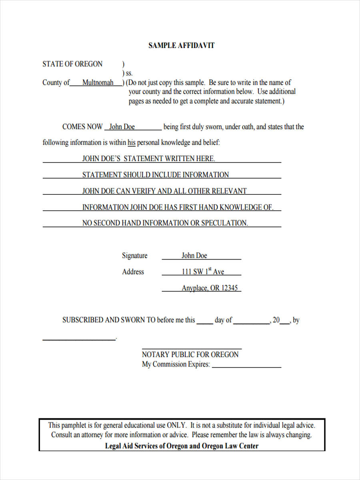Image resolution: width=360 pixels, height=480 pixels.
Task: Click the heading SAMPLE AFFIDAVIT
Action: click(181, 46)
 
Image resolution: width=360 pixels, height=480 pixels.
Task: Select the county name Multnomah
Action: click(98, 83)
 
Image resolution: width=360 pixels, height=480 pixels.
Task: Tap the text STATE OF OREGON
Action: click(72, 64)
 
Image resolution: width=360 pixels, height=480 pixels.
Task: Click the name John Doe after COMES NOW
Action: click(122, 127)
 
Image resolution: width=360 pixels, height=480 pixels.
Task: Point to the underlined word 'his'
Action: click(132, 143)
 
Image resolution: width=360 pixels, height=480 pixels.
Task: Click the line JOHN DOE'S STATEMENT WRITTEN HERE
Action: click(148, 159)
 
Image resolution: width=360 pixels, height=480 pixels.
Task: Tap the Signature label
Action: click(134, 256)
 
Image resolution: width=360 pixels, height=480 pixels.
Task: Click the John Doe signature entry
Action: click(194, 256)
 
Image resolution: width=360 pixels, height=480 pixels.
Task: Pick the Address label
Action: click(133, 272)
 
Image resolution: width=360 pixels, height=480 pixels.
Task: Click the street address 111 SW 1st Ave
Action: click(203, 272)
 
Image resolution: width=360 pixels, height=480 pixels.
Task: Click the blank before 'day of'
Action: click(205, 322)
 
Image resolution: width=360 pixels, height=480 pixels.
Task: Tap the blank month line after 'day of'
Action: click(251, 322)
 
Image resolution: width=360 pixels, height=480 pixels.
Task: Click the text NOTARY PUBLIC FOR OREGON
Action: click(190, 354)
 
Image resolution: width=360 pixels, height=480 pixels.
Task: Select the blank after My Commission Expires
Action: click(246, 366)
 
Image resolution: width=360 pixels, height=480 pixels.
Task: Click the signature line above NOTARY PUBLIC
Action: click(192, 348)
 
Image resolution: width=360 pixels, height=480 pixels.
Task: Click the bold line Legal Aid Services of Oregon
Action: click(182, 446)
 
